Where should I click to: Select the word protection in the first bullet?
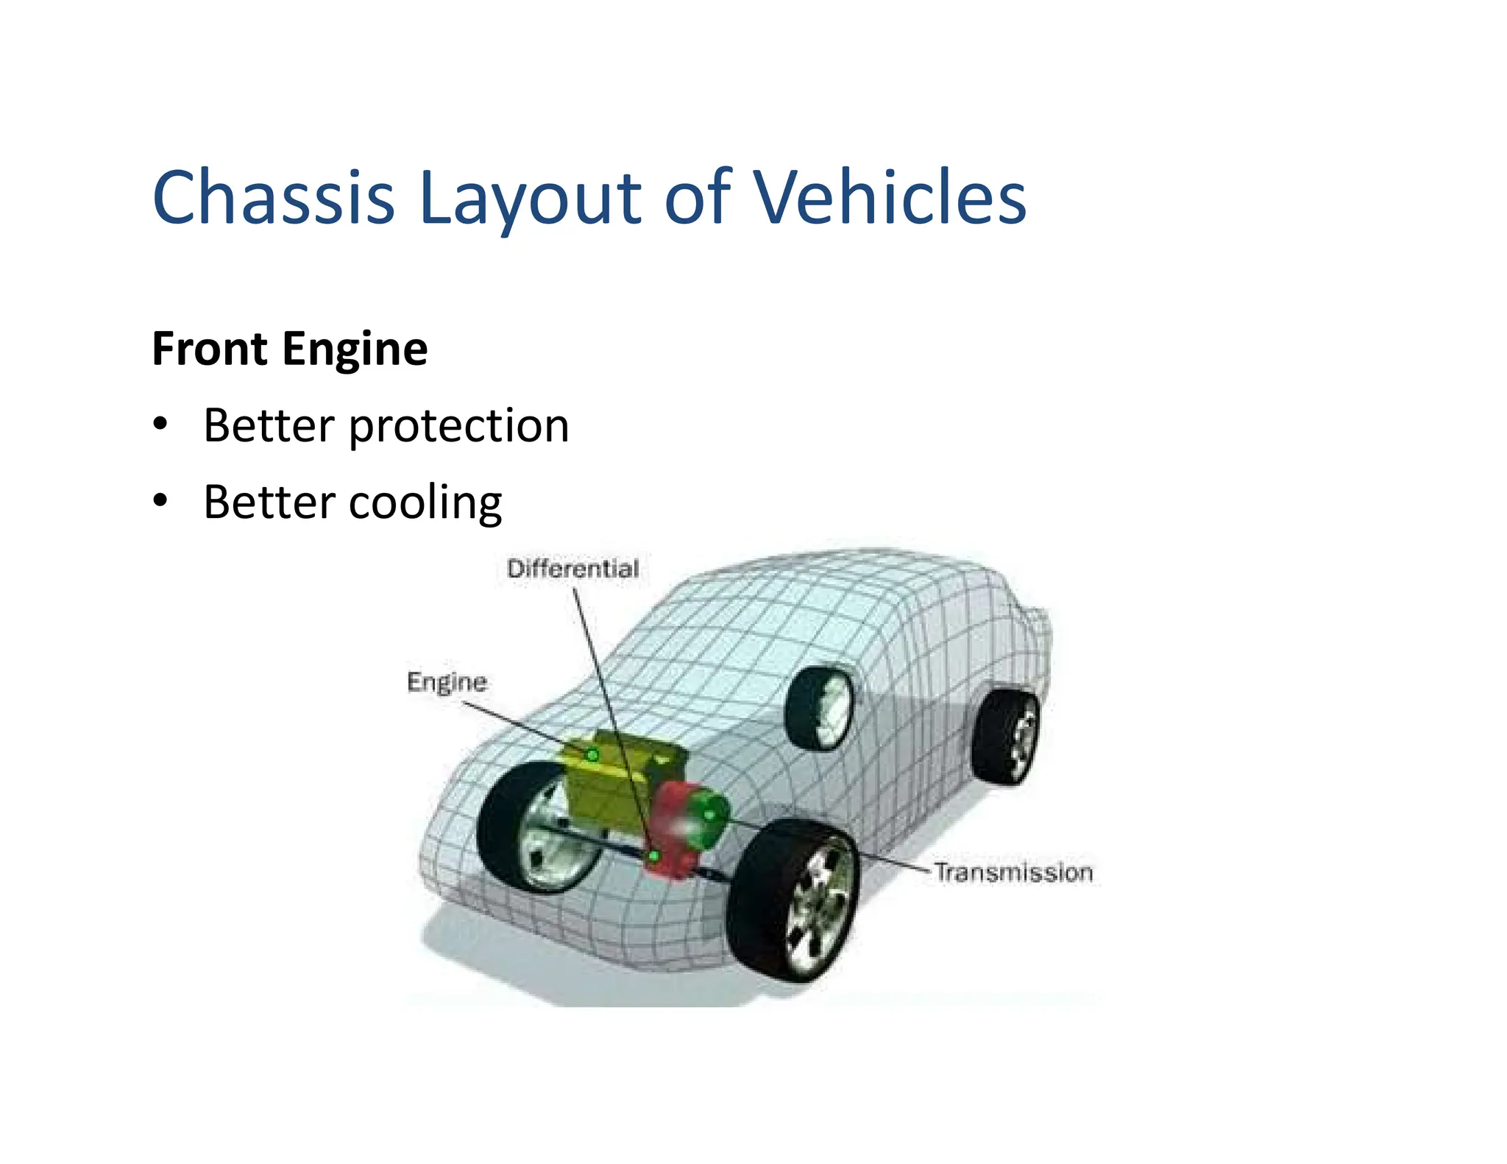click(459, 427)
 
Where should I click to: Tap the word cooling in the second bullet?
click(425, 503)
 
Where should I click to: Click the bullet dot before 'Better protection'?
click(160, 425)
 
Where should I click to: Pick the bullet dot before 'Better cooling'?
click(160, 501)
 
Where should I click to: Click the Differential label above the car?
click(572, 569)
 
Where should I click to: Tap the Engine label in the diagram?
click(447, 682)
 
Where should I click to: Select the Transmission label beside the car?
click(1013, 873)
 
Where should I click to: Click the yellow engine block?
click(611, 787)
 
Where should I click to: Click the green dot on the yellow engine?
click(592, 755)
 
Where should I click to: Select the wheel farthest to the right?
click(1005, 736)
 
